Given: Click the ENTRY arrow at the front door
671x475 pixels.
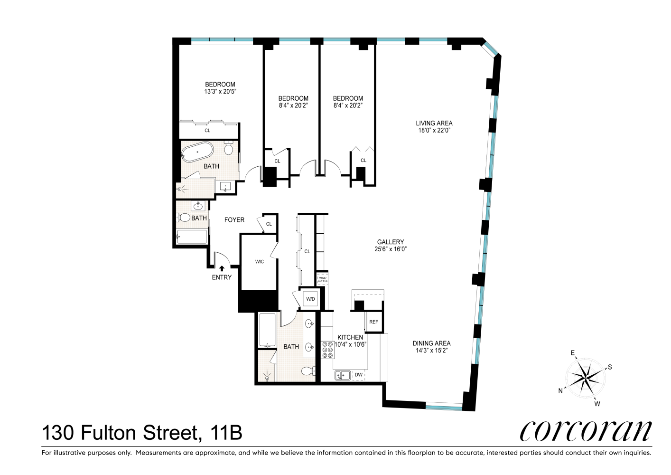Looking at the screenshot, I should tap(222, 268).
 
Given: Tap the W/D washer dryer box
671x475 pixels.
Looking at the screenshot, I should tap(310, 299).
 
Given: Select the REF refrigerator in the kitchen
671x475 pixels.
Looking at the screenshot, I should tap(373, 322).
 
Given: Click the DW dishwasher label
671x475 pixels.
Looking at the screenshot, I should tap(359, 375).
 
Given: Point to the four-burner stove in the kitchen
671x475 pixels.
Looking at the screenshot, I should tap(327, 350).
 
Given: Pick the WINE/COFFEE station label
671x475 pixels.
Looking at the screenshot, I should tap(322, 280).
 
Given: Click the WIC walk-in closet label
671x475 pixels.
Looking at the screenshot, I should tap(259, 262).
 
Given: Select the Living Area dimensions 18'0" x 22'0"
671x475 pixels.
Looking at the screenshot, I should tap(434, 130).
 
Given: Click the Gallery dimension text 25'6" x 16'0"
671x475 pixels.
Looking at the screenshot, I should tap(391, 249).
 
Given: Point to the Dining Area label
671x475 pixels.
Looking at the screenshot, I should tap(431, 343).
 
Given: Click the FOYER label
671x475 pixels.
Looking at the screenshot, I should tap(234, 220).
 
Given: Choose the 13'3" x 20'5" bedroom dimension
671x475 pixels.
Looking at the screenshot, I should tap(220, 91).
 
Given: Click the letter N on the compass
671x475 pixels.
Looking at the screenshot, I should tap(560, 391).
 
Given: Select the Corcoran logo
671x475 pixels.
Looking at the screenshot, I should tap(586, 431).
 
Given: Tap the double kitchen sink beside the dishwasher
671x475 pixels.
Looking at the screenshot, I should tap(342, 375).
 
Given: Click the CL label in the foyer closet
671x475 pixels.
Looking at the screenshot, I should tap(269, 224).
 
